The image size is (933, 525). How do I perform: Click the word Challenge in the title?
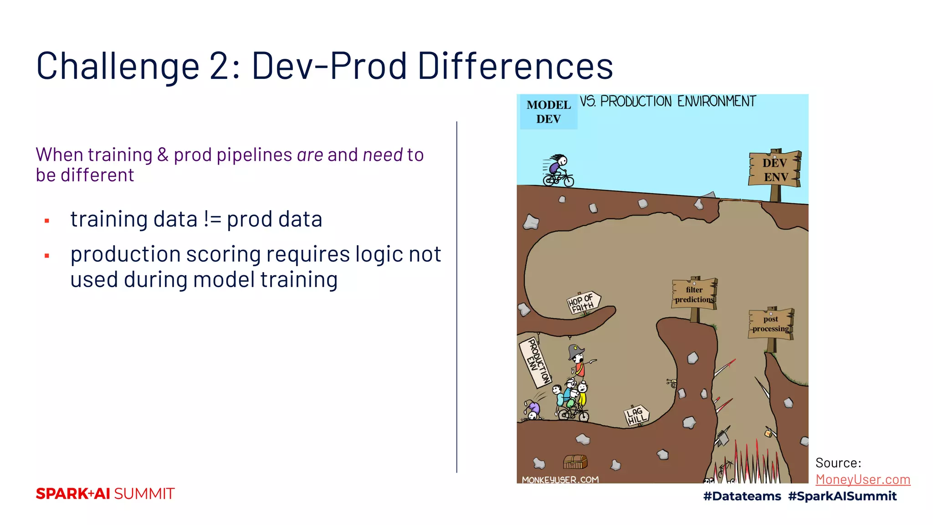tap(118, 66)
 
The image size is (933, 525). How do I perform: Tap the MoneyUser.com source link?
tap(862, 479)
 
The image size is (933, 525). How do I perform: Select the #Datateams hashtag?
tap(742, 496)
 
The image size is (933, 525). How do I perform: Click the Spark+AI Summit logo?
tap(105, 494)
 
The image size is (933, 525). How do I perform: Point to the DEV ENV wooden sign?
tap(775, 170)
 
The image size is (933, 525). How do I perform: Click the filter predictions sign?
tap(694, 294)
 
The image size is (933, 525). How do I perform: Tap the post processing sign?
tap(771, 324)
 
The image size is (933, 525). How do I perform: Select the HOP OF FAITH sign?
tap(583, 303)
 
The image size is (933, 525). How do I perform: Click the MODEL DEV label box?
tap(549, 112)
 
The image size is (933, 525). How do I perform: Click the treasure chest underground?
tap(575, 462)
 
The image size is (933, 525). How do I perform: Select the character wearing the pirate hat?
tap(578, 360)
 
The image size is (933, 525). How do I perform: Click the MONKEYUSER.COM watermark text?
tap(560, 479)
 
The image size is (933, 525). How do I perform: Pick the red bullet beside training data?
tap(47, 221)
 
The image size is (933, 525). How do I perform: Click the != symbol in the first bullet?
tap(212, 219)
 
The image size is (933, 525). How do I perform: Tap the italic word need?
tap(383, 155)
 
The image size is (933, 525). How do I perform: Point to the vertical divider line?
tap(456, 296)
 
